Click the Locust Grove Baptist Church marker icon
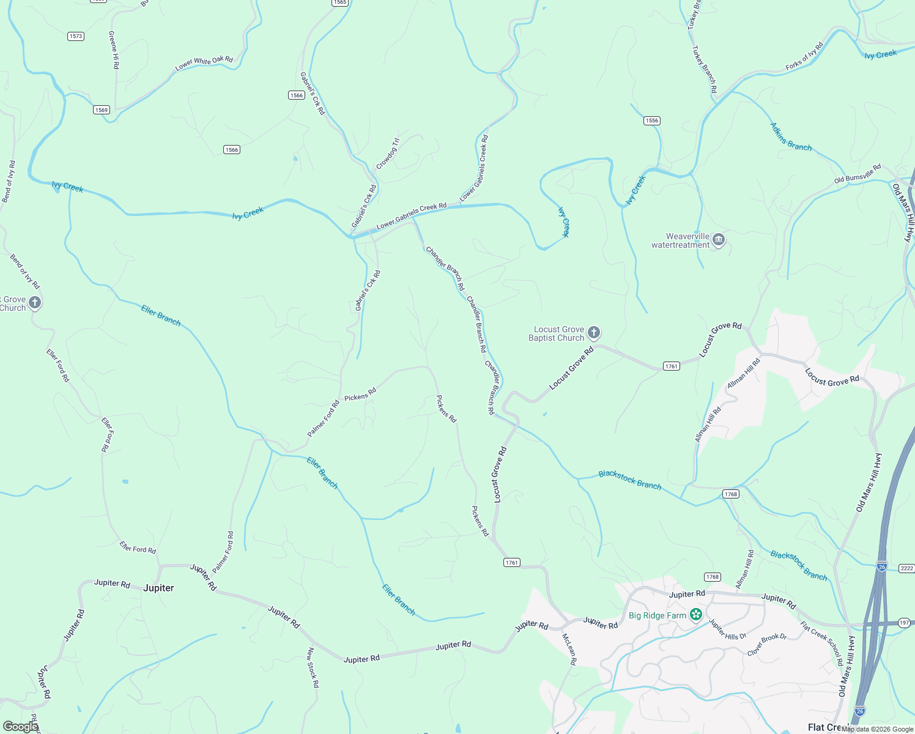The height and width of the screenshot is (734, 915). (593, 333)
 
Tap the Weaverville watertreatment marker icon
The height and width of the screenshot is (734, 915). (719, 240)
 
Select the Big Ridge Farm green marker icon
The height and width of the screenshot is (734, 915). (695, 615)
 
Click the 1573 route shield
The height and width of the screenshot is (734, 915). (75, 36)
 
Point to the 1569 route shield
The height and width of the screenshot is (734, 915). (102, 110)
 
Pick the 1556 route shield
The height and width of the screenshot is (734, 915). (652, 120)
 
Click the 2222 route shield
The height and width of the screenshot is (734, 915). (906, 568)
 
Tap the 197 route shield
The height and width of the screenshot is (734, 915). (905, 623)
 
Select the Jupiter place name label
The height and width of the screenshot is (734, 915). (158, 588)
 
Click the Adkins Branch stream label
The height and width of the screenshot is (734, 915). (790, 137)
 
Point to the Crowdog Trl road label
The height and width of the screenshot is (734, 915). (387, 154)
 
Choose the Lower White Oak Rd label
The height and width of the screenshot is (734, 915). (204, 64)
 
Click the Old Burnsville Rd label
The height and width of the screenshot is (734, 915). (858, 174)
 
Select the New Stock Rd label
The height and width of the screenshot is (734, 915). (313, 667)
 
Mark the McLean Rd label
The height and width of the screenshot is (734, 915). (569, 650)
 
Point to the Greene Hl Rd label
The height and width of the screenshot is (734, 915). (114, 50)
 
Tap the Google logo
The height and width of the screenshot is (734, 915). (20, 726)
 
